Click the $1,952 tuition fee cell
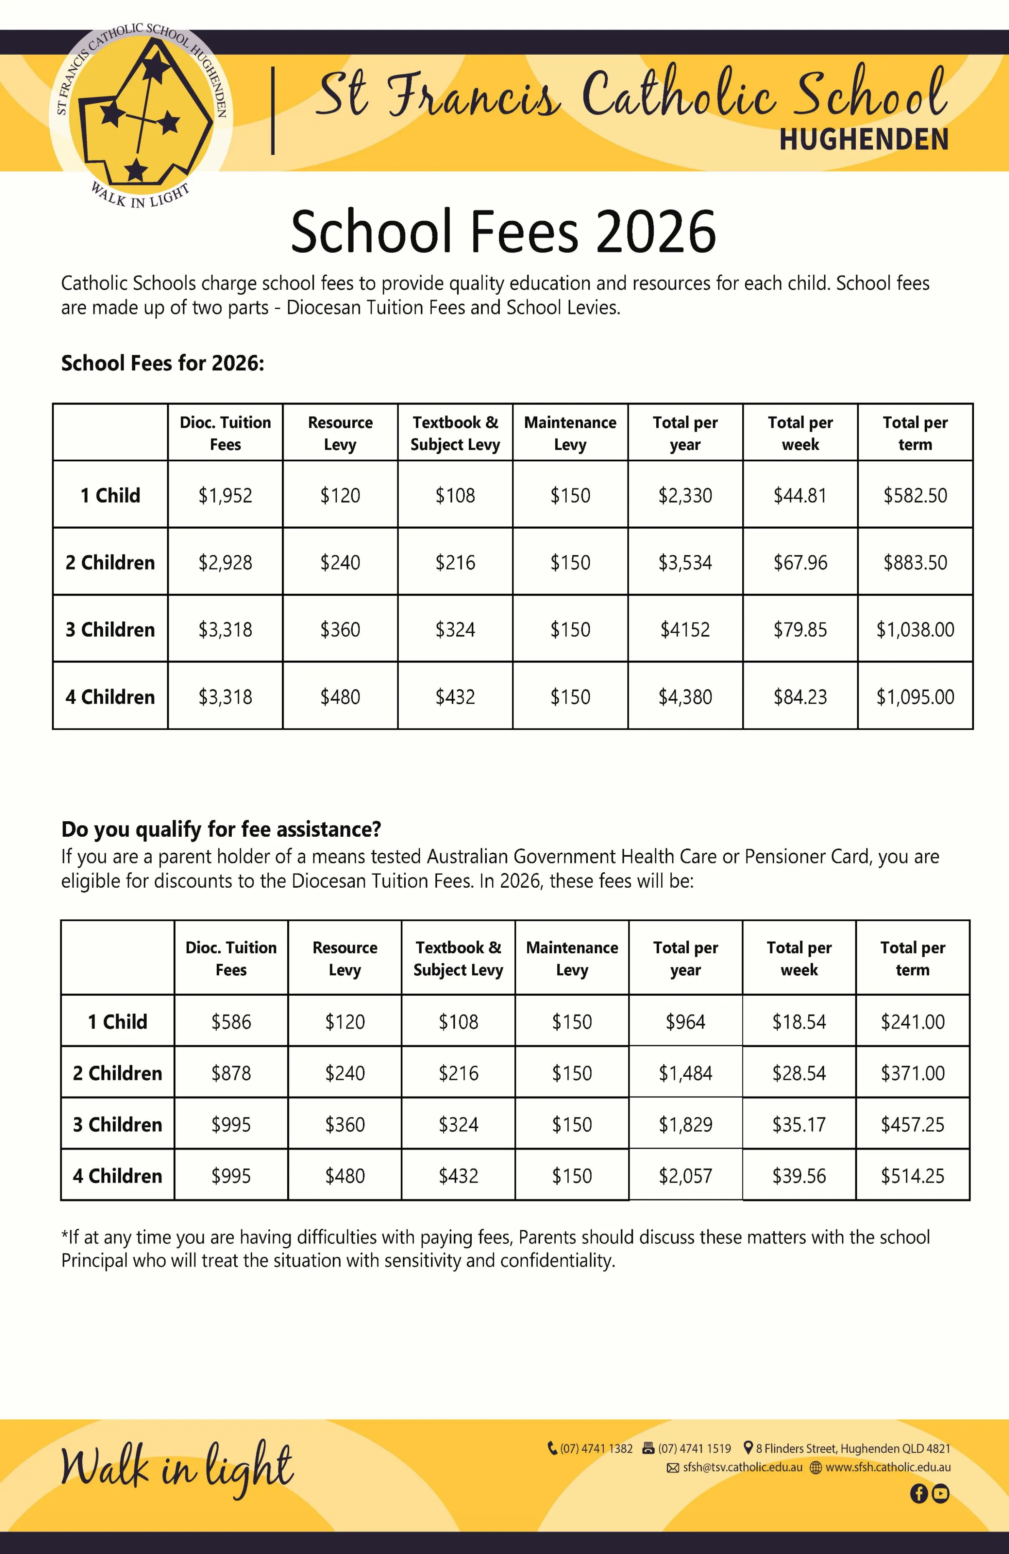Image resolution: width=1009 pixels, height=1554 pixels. click(x=225, y=496)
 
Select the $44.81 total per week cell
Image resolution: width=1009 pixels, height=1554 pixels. click(x=800, y=496)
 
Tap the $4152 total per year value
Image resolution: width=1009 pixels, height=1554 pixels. click(x=685, y=630)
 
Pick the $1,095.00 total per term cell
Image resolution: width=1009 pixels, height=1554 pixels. click(x=915, y=697)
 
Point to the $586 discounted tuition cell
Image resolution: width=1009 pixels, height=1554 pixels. click(x=231, y=1021)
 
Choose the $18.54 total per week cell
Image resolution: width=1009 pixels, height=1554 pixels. click(x=799, y=1021)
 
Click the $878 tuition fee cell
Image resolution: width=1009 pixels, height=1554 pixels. click(x=231, y=1073)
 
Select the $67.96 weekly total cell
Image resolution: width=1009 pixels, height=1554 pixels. click(x=800, y=562)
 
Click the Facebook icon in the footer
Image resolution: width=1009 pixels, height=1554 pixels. click(x=918, y=1493)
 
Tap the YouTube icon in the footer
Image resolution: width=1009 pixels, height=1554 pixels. click(x=941, y=1493)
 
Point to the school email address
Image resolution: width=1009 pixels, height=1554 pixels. click(x=742, y=1467)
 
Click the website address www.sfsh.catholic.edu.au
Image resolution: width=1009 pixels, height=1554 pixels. click(x=888, y=1467)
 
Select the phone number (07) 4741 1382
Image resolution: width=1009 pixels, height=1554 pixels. click(x=596, y=1448)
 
